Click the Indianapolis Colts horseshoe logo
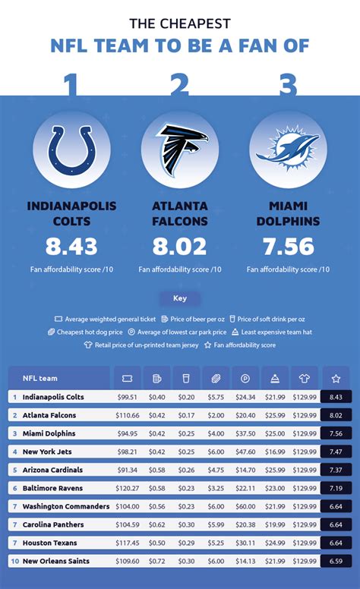click(x=71, y=150)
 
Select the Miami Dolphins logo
click(x=287, y=150)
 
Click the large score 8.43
click(x=71, y=247)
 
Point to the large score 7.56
click(x=287, y=247)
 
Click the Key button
click(x=180, y=298)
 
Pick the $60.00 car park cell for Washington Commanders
click(x=245, y=506)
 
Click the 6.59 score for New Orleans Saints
click(x=335, y=561)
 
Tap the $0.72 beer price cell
click(x=157, y=561)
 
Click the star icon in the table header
click(x=335, y=378)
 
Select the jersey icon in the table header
click(x=305, y=378)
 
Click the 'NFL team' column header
click(x=39, y=378)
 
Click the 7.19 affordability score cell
click(x=335, y=488)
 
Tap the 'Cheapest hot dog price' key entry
click(x=85, y=332)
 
